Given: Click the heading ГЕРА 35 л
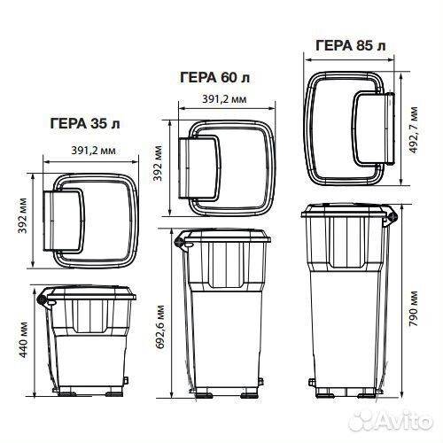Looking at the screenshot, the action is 85,123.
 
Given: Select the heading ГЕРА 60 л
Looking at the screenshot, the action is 215,77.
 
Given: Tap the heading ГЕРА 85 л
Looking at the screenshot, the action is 351,46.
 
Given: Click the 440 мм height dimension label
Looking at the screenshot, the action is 23,339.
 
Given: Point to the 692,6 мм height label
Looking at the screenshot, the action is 160,327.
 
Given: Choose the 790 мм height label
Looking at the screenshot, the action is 414,308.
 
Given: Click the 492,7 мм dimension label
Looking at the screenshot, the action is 414,130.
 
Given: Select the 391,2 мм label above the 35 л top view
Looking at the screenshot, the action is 93,151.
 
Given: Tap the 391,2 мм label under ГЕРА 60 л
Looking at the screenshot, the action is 224,99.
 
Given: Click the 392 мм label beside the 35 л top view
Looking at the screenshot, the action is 22,216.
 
